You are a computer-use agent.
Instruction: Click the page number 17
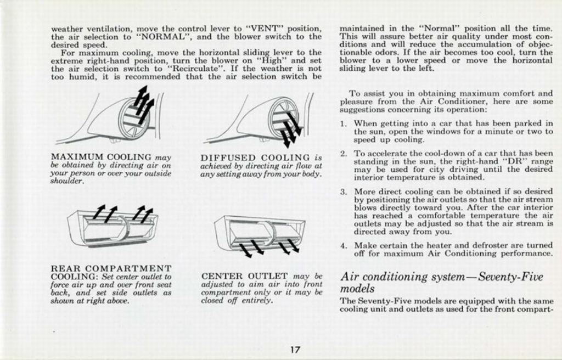(295, 350)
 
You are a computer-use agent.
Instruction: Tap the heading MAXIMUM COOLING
(101, 157)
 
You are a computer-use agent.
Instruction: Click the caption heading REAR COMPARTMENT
(111, 268)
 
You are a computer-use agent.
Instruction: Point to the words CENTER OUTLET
(245, 276)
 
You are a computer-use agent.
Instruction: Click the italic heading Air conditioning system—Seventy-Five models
(441, 282)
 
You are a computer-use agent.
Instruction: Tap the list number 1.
(343, 124)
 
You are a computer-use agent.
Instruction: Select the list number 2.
(343, 154)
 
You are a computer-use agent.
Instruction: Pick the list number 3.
(343, 192)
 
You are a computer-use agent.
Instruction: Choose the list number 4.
(343, 246)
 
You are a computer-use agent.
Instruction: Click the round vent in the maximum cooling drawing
(133, 118)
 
